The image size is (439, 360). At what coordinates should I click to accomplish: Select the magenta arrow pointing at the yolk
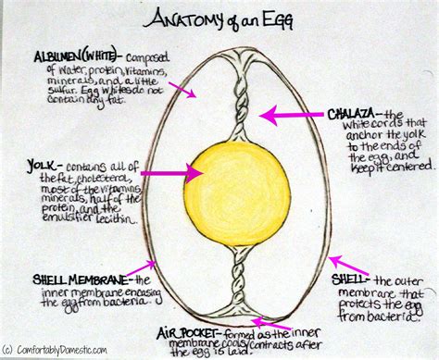[171, 172]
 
